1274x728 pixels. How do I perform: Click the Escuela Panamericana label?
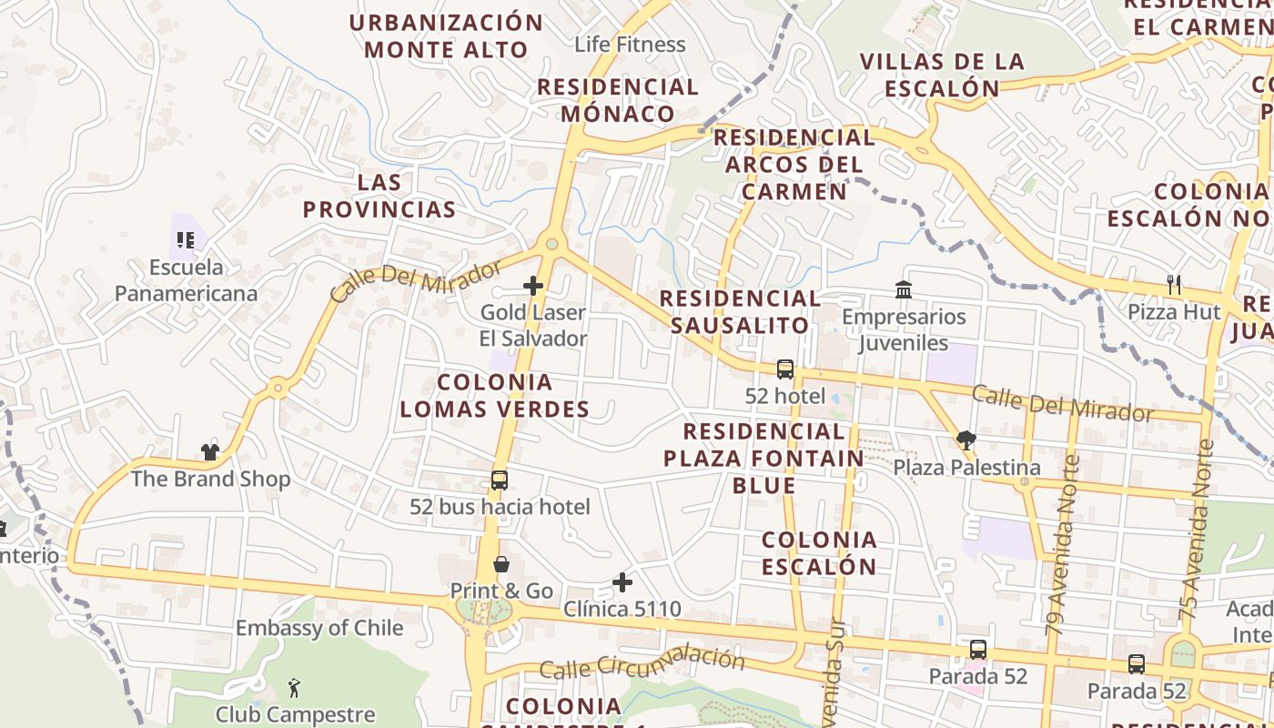tap(186, 280)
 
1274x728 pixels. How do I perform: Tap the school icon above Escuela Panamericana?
tap(186, 240)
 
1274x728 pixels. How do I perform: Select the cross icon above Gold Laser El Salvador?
tap(533, 286)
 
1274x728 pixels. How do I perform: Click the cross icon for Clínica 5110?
tap(622, 581)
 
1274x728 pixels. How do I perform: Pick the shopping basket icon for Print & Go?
tap(500, 564)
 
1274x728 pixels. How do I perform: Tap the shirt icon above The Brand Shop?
tap(210, 451)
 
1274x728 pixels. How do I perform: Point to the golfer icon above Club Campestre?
tap(294, 687)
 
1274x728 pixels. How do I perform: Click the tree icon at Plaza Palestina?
tap(966, 441)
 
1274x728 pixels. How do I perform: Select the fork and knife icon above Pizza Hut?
tap(1174, 285)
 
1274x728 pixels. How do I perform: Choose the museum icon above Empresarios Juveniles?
tap(904, 289)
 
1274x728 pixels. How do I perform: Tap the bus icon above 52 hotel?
tap(785, 369)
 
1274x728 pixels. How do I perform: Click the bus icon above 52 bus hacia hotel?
tap(500, 480)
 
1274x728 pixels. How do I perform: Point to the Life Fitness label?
tap(630, 44)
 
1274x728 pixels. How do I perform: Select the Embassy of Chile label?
tap(319, 628)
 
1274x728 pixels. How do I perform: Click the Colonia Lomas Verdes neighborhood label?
tap(495, 395)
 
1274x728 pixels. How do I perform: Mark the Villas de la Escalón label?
tap(942, 75)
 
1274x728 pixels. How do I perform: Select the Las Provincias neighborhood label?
tap(379, 196)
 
